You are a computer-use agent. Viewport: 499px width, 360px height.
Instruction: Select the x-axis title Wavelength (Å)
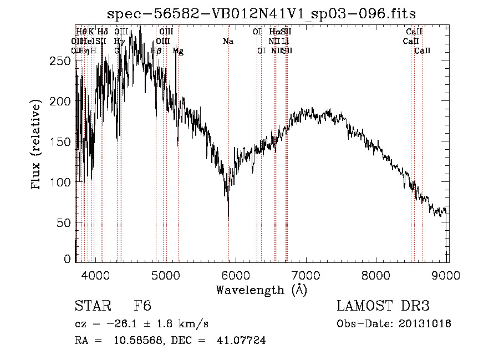(261, 290)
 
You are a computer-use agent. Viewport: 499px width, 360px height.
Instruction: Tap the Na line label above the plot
(228, 42)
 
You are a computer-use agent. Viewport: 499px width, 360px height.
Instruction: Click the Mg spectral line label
(177, 51)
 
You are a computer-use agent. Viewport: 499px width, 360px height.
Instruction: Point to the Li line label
(285, 42)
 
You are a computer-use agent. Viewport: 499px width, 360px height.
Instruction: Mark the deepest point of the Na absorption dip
(228, 219)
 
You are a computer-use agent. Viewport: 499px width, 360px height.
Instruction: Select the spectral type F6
(142, 307)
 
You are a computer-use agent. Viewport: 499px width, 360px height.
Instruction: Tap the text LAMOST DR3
(383, 307)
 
